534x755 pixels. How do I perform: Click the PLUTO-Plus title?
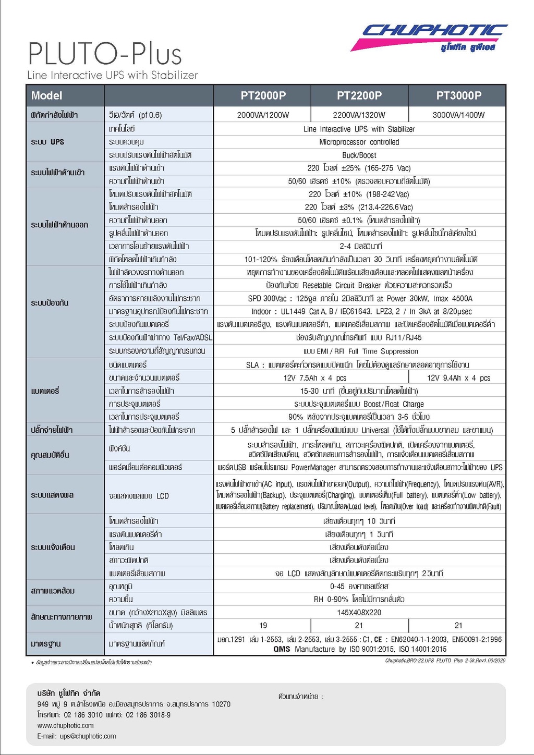pos(105,54)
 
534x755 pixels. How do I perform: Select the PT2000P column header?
pos(263,95)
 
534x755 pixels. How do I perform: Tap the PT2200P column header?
pos(359,95)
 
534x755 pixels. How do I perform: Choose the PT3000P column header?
pos(458,95)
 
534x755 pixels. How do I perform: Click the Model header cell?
pos(47,95)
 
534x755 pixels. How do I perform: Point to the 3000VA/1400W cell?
pos(458,115)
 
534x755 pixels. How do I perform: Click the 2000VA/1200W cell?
pos(263,115)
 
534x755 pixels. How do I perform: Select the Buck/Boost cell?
pos(359,155)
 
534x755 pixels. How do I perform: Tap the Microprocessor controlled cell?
pos(359,142)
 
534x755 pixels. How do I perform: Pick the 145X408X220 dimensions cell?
pos(359,612)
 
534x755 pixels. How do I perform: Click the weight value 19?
pos(263,625)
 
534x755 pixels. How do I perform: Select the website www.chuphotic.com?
pos(66,725)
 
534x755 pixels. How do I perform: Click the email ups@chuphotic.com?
pos(77,736)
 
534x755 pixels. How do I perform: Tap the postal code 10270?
pos(221,704)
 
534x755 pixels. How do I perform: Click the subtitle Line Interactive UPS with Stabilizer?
pos(113,75)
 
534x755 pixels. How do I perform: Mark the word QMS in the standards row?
pos(282,649)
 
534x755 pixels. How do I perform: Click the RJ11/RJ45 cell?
pos(359,337)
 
